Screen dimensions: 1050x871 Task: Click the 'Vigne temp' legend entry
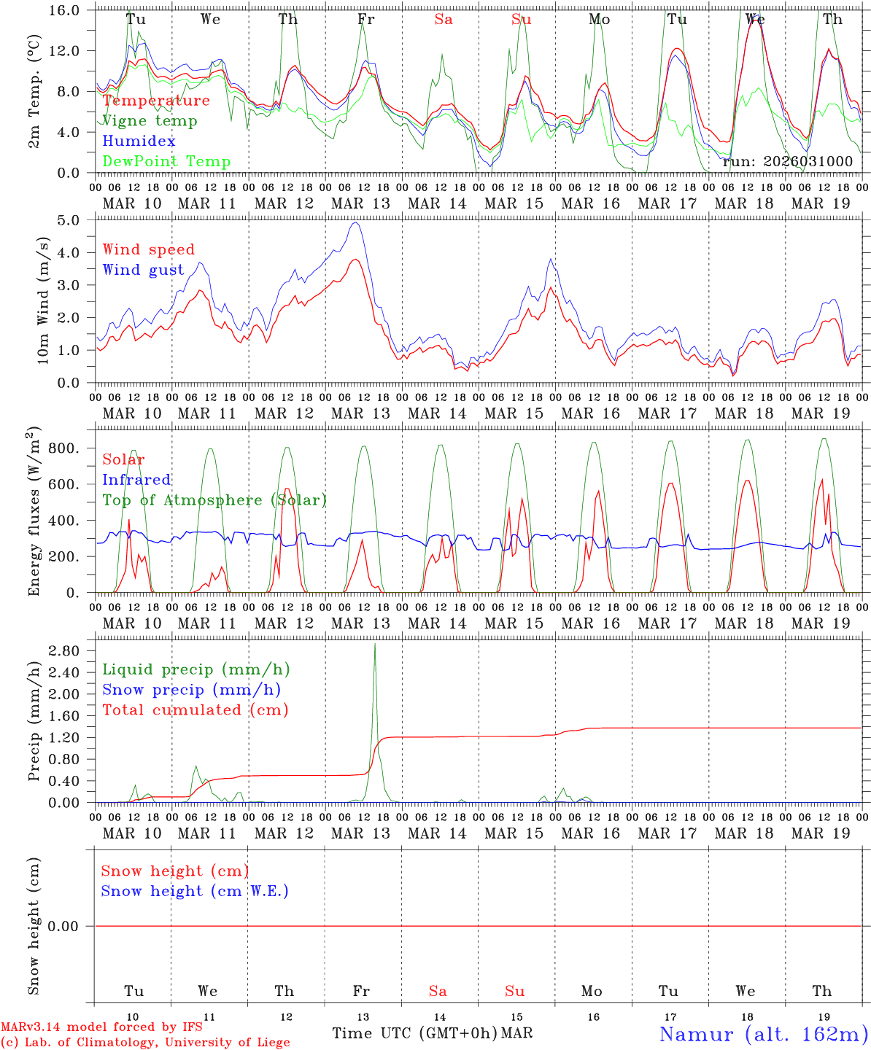pos(150,121)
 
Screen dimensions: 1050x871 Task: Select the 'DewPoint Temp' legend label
pos(166,162)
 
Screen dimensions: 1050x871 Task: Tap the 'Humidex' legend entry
pos(139,141)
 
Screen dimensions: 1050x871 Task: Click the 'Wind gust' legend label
pos(143,270)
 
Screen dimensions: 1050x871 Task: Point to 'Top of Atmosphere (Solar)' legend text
pos(214,500)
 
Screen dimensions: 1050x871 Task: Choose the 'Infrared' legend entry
pos(136,480)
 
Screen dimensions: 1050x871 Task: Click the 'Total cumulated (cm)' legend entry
pos(196,710)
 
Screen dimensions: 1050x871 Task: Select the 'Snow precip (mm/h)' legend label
pos(191,690)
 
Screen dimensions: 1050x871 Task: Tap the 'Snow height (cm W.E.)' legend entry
pos(195,891)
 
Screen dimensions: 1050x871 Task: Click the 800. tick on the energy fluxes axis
pos(63,448)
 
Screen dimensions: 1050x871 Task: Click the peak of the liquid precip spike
pos(375,644)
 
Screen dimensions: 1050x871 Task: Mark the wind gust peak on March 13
pos(355,223)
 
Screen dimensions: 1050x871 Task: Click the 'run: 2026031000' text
pos(787,162)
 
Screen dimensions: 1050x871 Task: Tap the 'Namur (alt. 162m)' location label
pos(764,1034)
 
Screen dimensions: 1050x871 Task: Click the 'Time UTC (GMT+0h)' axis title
pos(414,1033)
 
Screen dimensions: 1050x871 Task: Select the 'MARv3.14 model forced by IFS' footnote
pos(101,1027)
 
